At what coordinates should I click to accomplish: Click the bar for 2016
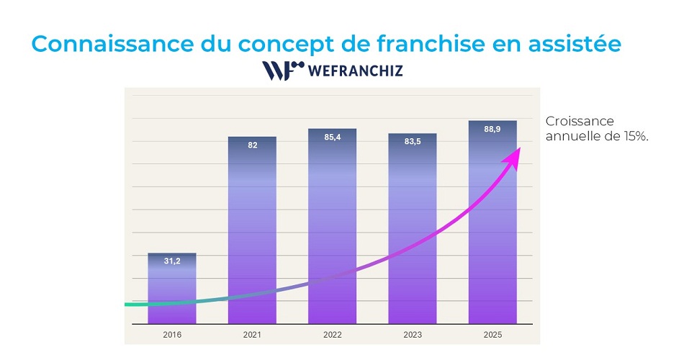(172, 288)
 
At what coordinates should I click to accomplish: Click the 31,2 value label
(172, 261)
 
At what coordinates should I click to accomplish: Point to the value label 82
(252, 145)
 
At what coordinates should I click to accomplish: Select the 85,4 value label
(333, 137)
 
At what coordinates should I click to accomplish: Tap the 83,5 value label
(413, 142)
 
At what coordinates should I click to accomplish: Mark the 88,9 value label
(492, 129)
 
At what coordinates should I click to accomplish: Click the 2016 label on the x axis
(172, 335)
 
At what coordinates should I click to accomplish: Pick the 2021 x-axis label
(252, 335)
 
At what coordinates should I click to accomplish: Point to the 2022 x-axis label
(332, 335)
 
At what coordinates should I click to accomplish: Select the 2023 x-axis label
(412, 335)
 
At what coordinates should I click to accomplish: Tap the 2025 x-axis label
(492, 335)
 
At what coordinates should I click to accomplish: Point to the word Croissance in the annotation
(580, 122)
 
